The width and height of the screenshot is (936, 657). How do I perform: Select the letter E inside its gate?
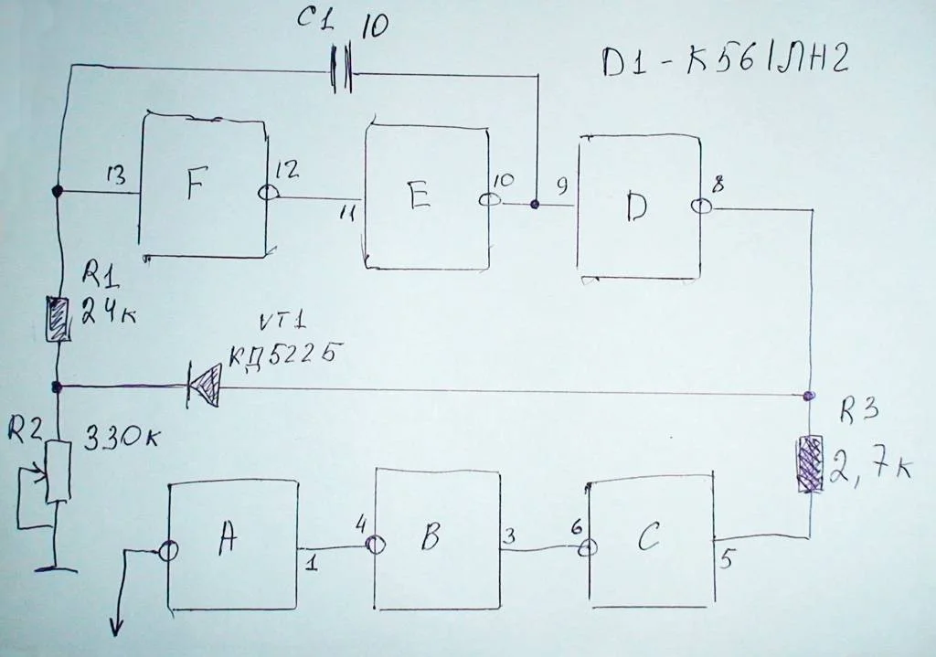(x=419, y=196)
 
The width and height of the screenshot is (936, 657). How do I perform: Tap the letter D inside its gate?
(x=637, y=209)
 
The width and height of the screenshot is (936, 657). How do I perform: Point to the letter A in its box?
(x=228, y=541)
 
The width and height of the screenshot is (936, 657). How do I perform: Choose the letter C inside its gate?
(x=648, y=540)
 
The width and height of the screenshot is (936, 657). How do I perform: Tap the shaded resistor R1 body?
(x=58, y=319)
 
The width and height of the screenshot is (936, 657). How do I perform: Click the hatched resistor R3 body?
(x=809, y=464)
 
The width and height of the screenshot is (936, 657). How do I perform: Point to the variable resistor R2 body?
(x=58, y=471)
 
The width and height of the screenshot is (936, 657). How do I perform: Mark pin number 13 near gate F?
(x=115, y=176)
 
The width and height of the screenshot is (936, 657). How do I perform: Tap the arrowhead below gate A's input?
(x=117, y=627)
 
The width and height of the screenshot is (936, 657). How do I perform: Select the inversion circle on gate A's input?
(x=168, y=550)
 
